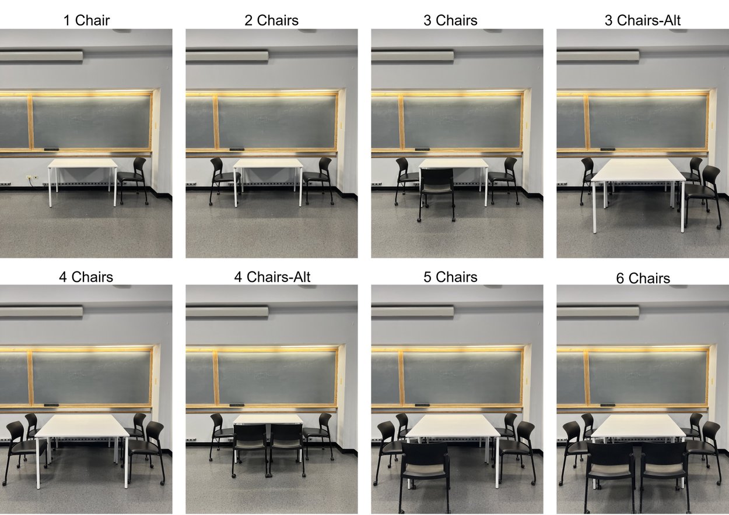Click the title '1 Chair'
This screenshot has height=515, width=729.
[86, 21]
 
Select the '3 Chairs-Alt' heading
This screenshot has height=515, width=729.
[642, 21]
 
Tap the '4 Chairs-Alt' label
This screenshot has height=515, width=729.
[272, 277]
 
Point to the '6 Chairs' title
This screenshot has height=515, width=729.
[643, 278]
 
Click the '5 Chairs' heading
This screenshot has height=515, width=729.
[450, 277]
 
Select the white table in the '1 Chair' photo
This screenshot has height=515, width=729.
[82, 164]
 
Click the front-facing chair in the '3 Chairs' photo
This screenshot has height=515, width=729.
[437, 189]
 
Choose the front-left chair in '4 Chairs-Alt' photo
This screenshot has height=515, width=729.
[250, 446]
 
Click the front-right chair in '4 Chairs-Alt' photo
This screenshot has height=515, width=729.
[286, 446]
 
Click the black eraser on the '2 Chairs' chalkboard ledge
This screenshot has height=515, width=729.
[236, 150]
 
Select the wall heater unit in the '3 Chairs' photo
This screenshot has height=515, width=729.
[412, 56]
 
